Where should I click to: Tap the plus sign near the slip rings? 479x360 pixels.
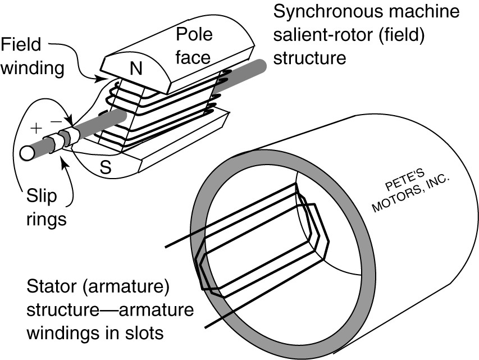pos(36,127)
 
